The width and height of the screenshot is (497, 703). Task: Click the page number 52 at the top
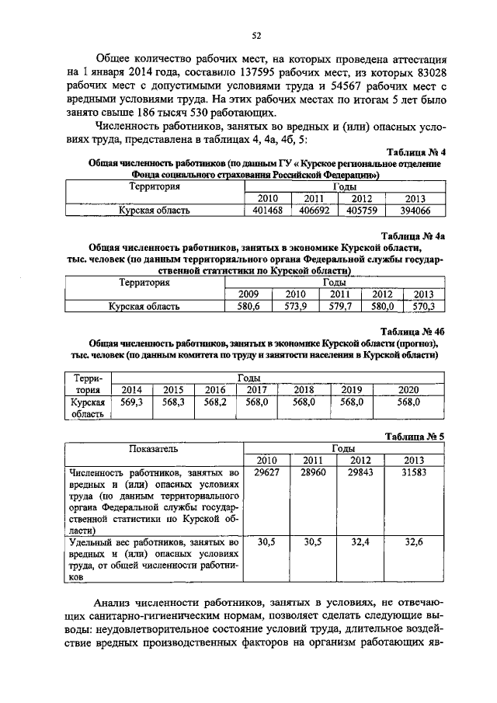pyautogui.click(x=255, y=34)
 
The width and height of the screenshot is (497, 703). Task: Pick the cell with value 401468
pyautogui.click(x=263, y=211)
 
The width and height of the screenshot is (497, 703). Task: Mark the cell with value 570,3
pyautogui.click(x=424, y=306)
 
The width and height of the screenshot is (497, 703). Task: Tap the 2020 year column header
pyautogui.click(x=408, y=389)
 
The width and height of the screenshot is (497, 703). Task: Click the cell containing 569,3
pyautogui.click(x=133, y=402)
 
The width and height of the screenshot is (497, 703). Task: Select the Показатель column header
pyautogui.click(x=154, y=449)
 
